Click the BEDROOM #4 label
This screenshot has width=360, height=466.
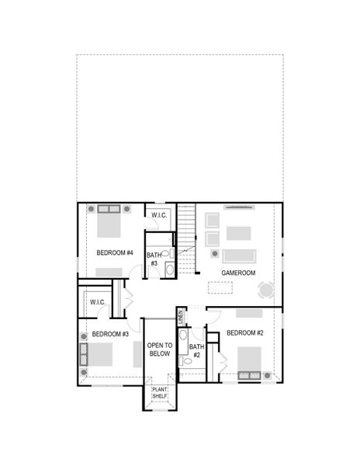(116, 253)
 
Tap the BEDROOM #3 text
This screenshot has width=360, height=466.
(110, 334)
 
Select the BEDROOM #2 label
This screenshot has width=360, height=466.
(246, 333)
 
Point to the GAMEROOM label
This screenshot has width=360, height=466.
(238, 273)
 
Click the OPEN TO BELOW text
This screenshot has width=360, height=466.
(159, 349)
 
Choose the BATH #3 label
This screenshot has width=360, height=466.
(154, 259)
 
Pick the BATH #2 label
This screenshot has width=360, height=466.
(196, 351)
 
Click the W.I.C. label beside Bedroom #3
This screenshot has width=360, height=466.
(97, 302)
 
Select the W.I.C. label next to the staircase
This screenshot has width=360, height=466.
(159, 215)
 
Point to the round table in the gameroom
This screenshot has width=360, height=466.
(266, 290)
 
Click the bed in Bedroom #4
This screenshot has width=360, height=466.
(109, 224)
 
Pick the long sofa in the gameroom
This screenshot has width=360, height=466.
(238, 256)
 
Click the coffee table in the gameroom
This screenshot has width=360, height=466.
(238, 233)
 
